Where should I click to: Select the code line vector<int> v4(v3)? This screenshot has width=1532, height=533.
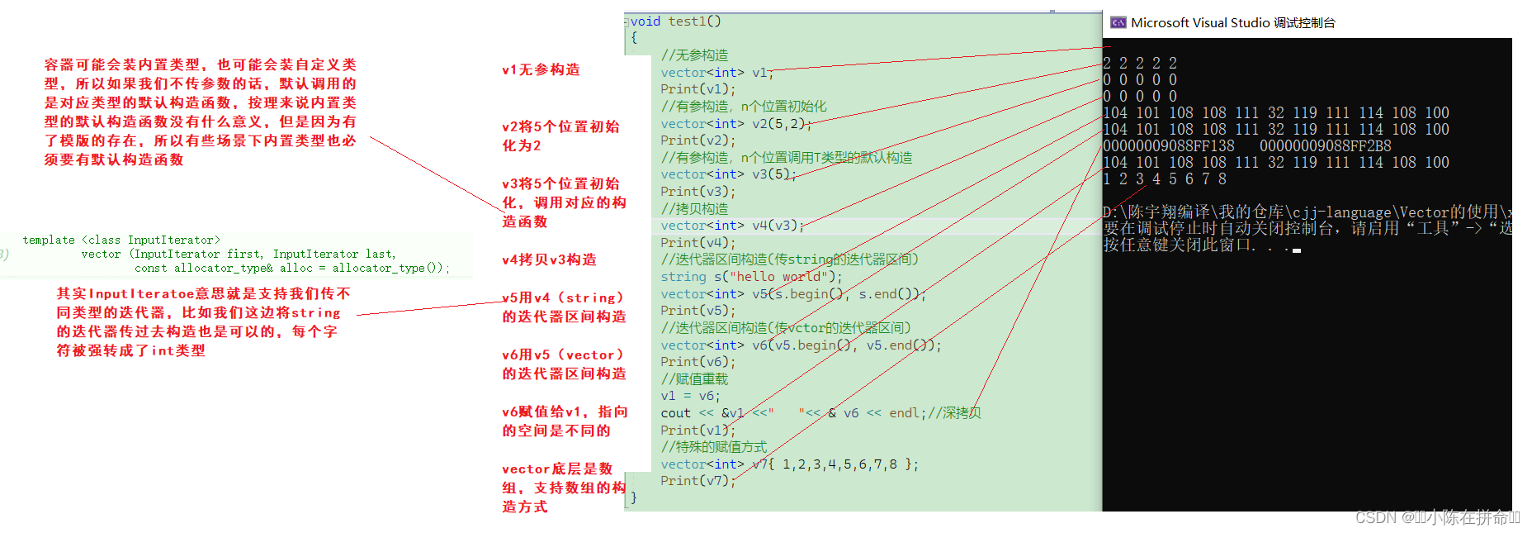pos(731,226)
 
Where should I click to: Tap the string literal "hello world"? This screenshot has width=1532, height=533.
pos(778,277)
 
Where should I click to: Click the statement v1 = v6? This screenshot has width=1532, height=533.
pos(690,396)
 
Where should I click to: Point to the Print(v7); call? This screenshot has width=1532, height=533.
pos(697,481)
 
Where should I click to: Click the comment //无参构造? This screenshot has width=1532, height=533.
pos(694,55)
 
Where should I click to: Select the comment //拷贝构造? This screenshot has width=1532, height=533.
pos(694,209)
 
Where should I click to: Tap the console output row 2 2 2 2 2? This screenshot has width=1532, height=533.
pos(1140,64)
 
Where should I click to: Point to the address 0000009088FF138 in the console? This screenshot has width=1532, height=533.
pos(1169,146)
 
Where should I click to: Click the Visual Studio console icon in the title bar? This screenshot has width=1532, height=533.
pos(1118,23)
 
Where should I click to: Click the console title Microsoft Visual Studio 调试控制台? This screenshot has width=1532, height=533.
pos(1232,23)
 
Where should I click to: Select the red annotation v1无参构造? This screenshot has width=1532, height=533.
pos(541,70)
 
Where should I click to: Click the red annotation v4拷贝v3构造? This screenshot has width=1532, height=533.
pos(549,260)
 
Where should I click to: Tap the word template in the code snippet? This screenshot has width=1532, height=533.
pos(49,240)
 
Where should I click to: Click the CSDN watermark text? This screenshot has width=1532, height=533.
pos(1437,518)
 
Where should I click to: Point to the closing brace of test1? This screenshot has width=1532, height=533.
pos(634,497)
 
